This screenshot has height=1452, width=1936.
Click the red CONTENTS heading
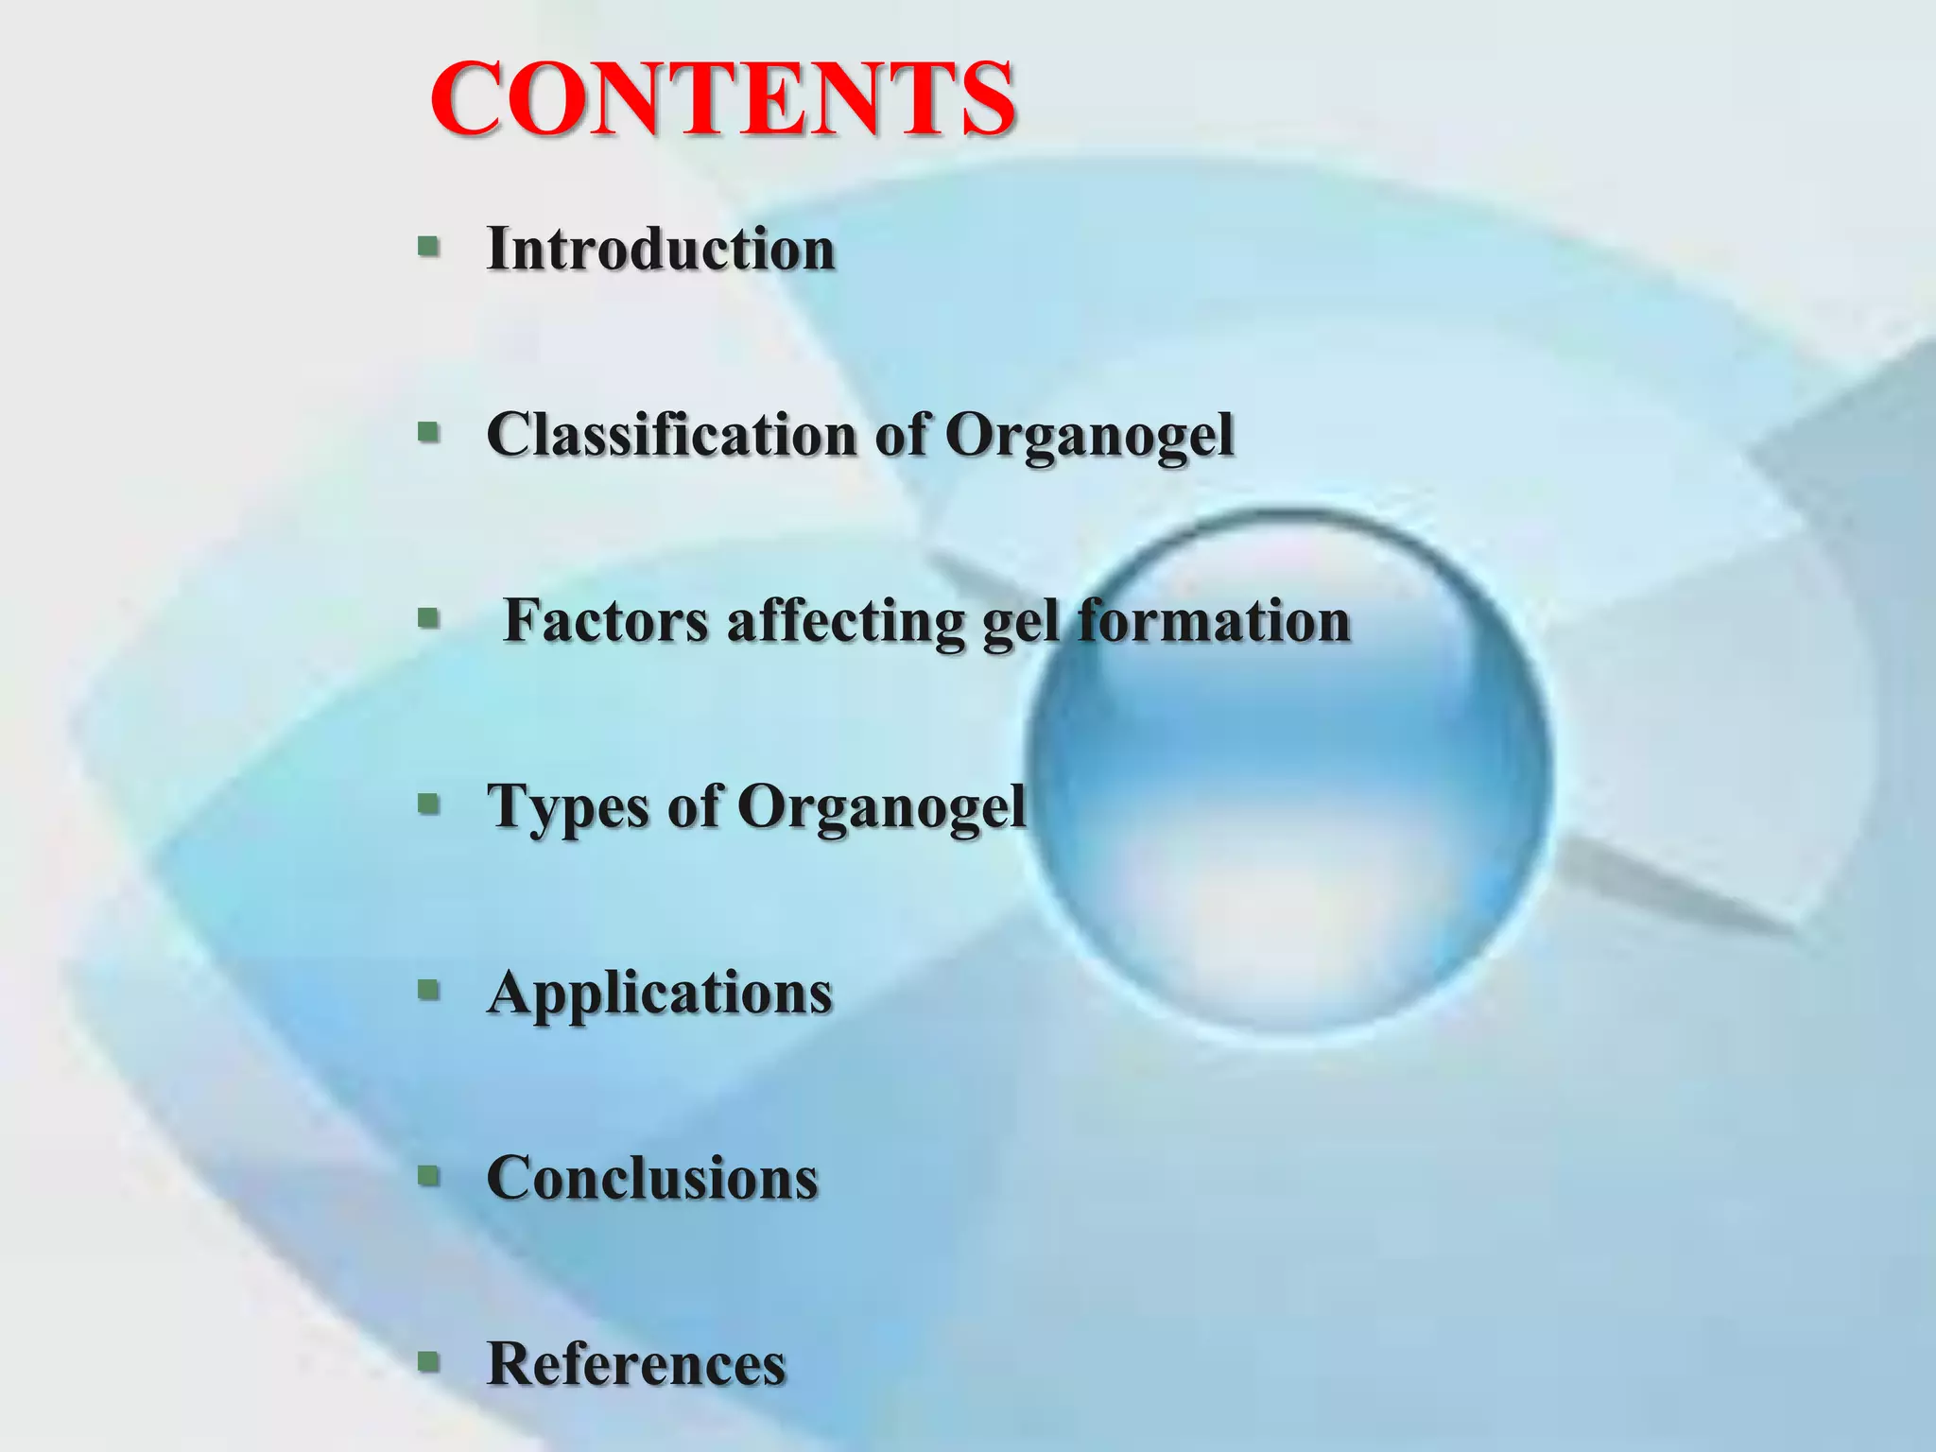pyautogui.click(x=723, y=99)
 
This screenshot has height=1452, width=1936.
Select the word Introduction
pyautogui.click(x=661, y=250)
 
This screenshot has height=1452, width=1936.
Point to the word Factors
pyautogui.click(x=605, y=621)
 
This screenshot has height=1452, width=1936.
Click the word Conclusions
pyautogui.click(x=652, y=1179)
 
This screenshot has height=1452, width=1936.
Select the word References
pyautogui.click(x=636, y=1364)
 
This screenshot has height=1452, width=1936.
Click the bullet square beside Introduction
pyautogui.click(x=428, y=248)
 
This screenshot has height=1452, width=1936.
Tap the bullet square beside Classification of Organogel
pyautogui.click(x=428, y=433)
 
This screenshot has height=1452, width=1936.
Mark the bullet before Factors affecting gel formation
pyautogui.click(x=428, y=619)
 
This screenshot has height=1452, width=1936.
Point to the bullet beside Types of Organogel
pyautogui.click(x=428, y=804)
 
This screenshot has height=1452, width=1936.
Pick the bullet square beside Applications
pyautogui.click(x=428, y=990)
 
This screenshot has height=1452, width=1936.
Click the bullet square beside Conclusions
pyautogui.click(x=428, y=1176)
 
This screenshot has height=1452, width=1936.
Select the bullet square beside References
pyautogui.click(x=428, y=1361)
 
